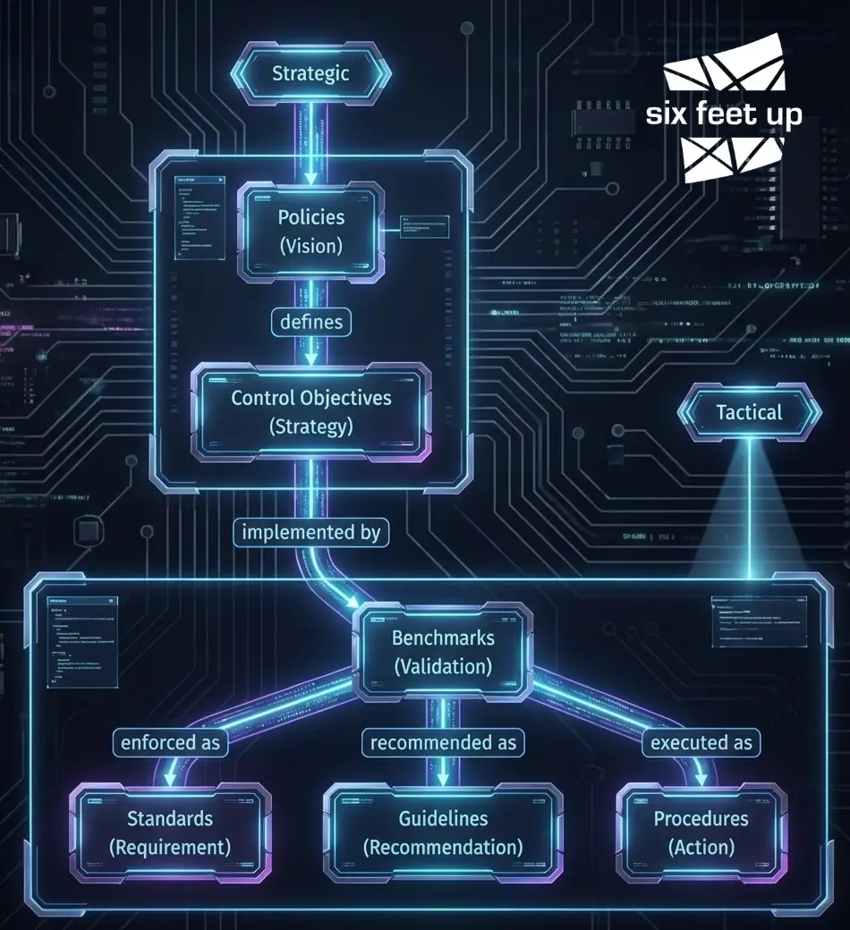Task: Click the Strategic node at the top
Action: coord(310,73)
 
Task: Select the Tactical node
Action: coord(749,412)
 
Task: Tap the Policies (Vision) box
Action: coord(310,231)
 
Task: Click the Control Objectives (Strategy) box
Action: coord(310,411)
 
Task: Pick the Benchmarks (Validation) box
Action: coord(443,652)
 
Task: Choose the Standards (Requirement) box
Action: coord(170,832)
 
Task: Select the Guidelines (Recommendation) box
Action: coord(443,832)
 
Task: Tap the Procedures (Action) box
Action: coord(701,832)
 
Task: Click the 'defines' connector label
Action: coord(310,320)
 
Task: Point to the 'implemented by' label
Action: coord(310,532)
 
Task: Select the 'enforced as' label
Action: coord(169,742)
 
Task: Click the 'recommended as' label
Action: coord(443,742)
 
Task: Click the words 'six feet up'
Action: coord(724,114)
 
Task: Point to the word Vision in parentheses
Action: coord(310,246)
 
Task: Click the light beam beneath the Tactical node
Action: coord(748,510)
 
